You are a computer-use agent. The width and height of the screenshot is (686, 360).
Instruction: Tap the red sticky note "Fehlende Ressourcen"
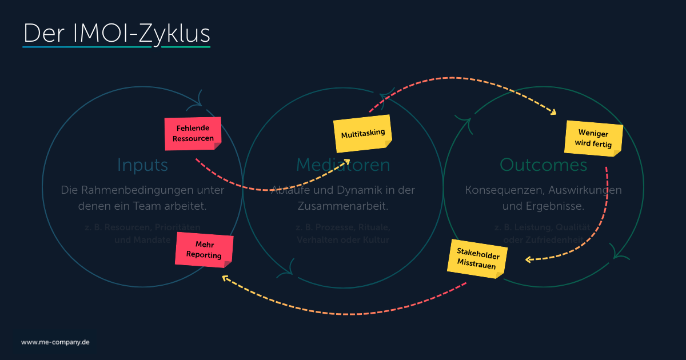193,134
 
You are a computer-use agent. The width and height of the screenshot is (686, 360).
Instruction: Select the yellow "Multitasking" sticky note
363,134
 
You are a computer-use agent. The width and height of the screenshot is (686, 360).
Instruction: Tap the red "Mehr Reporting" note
204,250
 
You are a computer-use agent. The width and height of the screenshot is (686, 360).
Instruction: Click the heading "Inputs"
142,165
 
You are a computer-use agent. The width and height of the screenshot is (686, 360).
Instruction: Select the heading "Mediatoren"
343,165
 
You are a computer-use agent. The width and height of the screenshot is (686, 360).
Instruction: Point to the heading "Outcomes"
543,165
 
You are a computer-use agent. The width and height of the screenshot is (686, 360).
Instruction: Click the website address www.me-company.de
55,342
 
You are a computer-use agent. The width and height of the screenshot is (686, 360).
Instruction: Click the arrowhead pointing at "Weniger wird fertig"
552,113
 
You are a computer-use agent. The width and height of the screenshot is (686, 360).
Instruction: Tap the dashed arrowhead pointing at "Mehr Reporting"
225,278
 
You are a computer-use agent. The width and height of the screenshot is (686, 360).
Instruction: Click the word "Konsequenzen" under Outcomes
500,190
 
